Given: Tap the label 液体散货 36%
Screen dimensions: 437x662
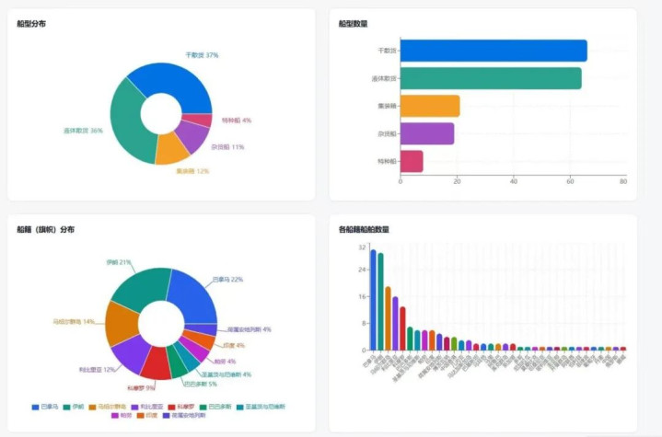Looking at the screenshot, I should pyautogui.click(x=84, y=131).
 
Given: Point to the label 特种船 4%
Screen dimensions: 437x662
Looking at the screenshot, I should pyautogui.click(x=236, y=120).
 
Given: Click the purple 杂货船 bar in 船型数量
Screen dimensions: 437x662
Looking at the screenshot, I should pyautogui.click(x=427, y=134).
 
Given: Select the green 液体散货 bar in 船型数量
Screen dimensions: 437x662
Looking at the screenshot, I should pyautogui.click(x=491, y=78).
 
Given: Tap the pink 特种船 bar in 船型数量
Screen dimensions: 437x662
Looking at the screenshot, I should pyautogui.click(x=412, y=162).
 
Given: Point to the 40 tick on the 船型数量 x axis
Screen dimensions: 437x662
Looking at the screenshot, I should pyautogui.click(x=513, y=181).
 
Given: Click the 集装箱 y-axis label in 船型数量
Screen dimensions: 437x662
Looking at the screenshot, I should pyautogui.click(x=388, y=106).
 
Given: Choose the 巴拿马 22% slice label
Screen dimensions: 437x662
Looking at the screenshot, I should pyautogui.click(x=227, y=279).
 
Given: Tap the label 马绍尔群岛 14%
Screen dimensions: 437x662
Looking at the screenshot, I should pyautogui.click(x=75, y=322).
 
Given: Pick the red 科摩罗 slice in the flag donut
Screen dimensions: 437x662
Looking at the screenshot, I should pyautogui.click(x=155, y=363).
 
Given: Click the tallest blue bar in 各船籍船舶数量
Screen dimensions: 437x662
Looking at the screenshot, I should pyautogui.click(x=373, y=300).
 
